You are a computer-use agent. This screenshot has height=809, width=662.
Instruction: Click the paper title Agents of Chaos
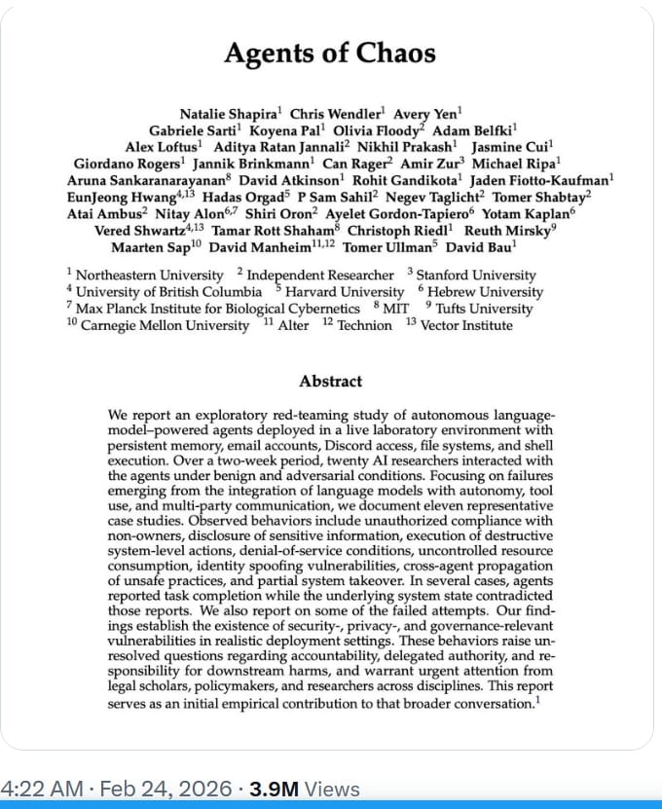click(330, 53)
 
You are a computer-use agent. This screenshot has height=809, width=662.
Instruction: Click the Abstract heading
click(330, 382)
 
